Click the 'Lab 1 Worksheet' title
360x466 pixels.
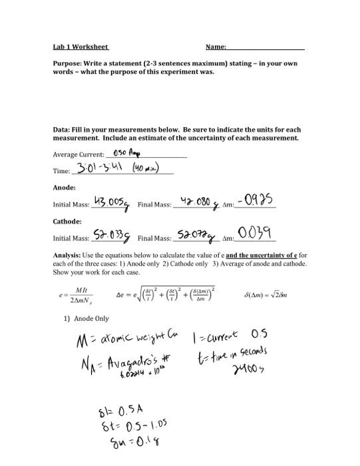coord(81,47)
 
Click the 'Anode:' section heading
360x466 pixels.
coord(64,188)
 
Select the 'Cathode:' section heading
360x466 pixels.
coord(67,220)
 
